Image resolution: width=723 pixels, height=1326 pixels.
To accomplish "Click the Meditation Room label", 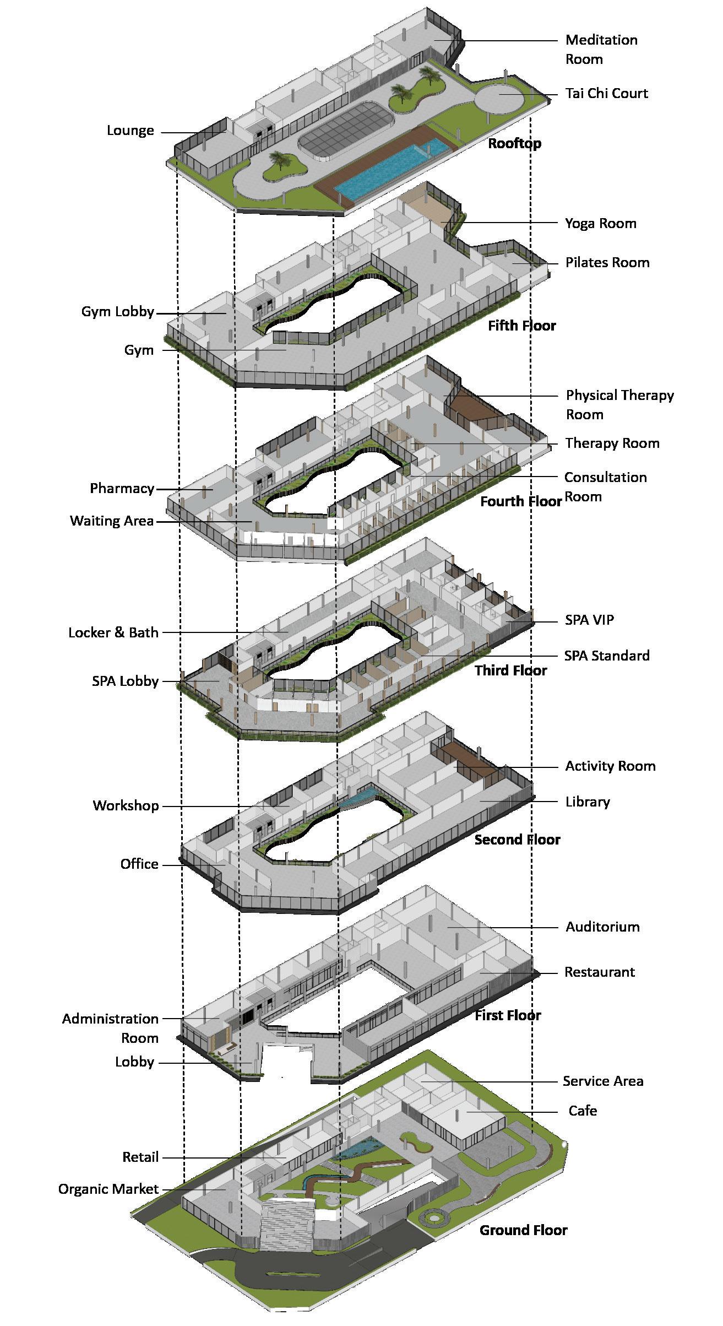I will pos(601,50).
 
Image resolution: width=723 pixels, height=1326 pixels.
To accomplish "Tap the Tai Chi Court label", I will pos(606,93).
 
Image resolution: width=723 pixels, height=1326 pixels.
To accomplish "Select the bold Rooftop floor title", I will pos(514,144).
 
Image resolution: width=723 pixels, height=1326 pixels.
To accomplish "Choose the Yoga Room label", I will pos(600,223).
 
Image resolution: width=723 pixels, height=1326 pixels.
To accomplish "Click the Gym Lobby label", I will pos(117,312).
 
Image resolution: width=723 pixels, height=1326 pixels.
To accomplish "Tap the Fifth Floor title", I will pos(521,326).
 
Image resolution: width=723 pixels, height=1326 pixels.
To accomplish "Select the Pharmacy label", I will pos(122,489).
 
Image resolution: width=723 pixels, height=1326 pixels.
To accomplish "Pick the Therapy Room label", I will pos(612,443).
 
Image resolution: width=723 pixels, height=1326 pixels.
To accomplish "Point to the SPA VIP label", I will pos(589,620).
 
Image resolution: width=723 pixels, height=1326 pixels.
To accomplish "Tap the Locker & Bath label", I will pos(113,632).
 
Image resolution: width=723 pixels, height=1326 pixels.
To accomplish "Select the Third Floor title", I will pos(510,670).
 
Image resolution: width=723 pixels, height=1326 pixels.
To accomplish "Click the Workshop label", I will pos(126,805).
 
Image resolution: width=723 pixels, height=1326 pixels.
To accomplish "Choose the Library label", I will pos(588,802).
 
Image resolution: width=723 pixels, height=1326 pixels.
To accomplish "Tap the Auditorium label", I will pos(602,927).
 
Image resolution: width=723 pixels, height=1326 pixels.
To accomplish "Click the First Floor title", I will pos(508,1015).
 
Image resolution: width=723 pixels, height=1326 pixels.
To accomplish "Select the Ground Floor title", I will pos(523,1230).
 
